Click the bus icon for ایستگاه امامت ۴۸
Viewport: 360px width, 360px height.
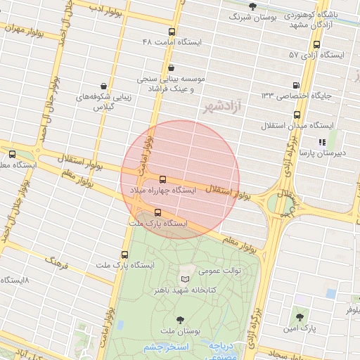tap(172, 32)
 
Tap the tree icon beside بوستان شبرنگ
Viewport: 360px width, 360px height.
tap(252, 6)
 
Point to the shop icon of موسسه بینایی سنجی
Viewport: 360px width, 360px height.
tap(172, 68)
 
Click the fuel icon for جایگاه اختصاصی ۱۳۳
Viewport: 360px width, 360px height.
tap(296, 85)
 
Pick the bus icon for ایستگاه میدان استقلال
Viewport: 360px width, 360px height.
tap(296, 114)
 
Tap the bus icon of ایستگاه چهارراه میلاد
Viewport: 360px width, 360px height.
tap(163, 179)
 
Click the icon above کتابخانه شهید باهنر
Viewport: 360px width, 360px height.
tap(186, 279)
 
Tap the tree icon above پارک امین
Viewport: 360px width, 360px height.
tap(301, 317)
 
